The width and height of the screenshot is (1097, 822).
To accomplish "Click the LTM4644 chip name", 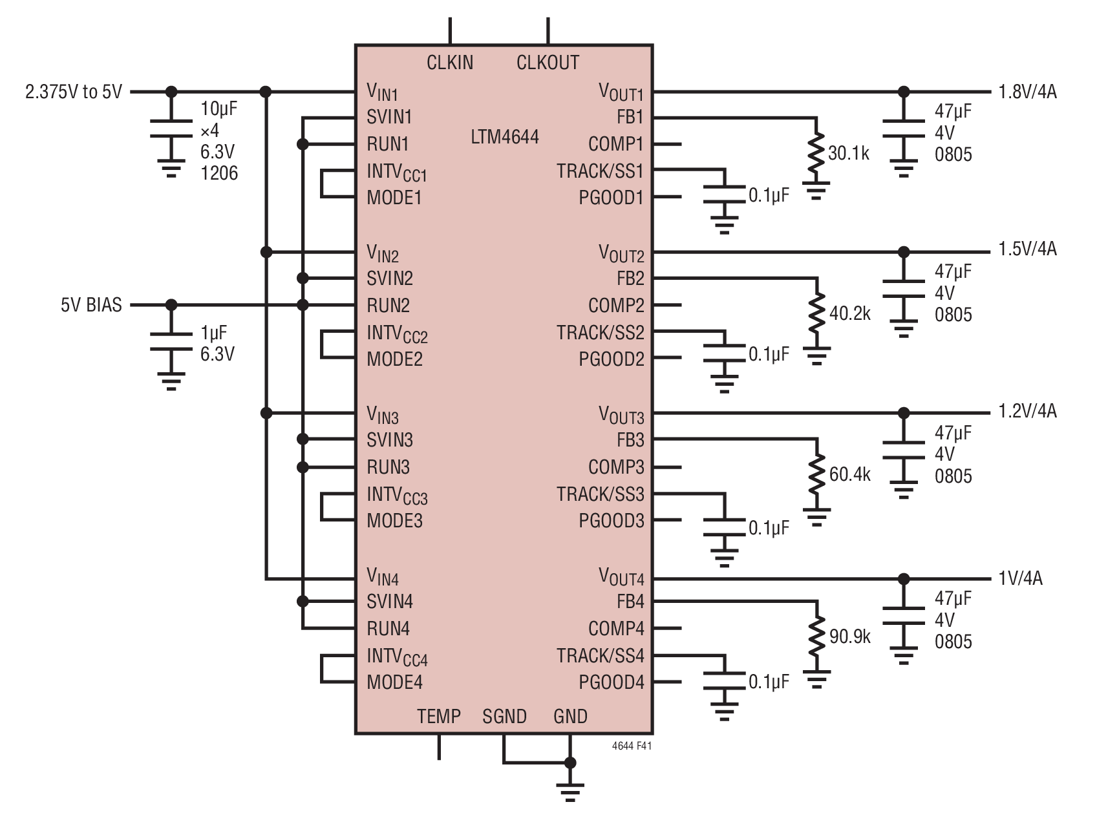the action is pos(505,137).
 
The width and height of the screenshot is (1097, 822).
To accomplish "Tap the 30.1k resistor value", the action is pos(849,153).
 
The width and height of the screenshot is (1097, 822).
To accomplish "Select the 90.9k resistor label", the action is pos(850,637).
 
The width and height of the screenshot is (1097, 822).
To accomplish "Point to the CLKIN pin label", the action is pos(450,63).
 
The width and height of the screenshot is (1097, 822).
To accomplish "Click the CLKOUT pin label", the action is pos(548,63).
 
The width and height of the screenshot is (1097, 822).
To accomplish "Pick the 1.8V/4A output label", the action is pos(1028,92).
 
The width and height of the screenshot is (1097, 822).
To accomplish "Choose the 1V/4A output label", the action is pos(1021,578).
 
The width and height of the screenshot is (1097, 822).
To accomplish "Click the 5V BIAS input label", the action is pos(91,305).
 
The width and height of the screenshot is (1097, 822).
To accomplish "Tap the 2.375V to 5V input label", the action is pos(73,92).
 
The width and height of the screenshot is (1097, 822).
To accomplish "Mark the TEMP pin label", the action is pos(439,717).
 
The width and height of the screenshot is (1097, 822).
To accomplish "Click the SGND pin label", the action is pos(505,717).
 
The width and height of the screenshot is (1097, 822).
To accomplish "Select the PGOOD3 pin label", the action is pos(612,520).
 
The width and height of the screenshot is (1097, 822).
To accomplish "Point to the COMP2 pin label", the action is pos(616,305).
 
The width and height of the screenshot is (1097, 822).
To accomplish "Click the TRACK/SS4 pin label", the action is pos(601,656).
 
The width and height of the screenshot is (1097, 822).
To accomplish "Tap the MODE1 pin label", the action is pos(394,197).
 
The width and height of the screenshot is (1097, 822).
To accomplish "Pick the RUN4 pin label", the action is pos(389,628).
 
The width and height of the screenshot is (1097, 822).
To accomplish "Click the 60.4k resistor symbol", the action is pos(817,475).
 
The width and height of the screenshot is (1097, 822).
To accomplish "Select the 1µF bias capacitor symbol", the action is pos(171,342).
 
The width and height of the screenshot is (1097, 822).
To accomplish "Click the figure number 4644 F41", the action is pos(632,746).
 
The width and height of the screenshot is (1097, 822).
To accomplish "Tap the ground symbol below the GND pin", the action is pos(570,792).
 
